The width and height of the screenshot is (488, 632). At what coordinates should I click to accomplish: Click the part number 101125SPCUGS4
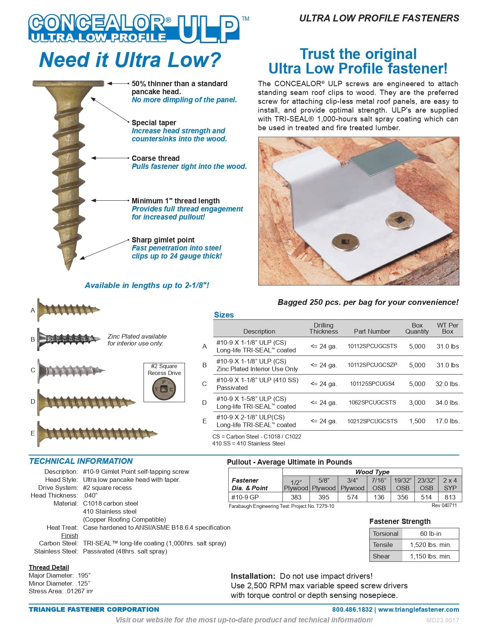pos(372,383)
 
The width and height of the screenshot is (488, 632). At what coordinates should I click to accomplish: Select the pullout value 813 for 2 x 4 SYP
pos(450,497)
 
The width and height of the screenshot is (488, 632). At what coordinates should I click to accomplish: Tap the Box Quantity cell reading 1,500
pos(417,421)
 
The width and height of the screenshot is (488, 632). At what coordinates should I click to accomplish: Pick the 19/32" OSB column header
pos(403,484)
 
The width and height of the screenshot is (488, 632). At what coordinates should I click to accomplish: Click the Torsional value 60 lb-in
pos(431,534)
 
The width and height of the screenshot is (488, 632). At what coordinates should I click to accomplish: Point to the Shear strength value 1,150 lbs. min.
pos(431,556)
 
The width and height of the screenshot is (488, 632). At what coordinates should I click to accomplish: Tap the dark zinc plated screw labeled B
pos(69,339)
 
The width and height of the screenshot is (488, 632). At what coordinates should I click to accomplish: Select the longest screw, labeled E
pos(98,433)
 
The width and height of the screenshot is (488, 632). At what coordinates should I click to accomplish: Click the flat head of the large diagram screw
pos(68,83)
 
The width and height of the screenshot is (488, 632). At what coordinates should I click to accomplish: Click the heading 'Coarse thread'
pos(155,158)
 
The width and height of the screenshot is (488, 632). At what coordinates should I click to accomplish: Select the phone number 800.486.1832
pos(352,609)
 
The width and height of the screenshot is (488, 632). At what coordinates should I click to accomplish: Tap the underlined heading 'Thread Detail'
pos(49,567)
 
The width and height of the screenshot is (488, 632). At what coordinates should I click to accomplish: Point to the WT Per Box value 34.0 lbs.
pos(447,403)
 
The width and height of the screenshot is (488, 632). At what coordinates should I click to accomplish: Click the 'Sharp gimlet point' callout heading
pos(163,240)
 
